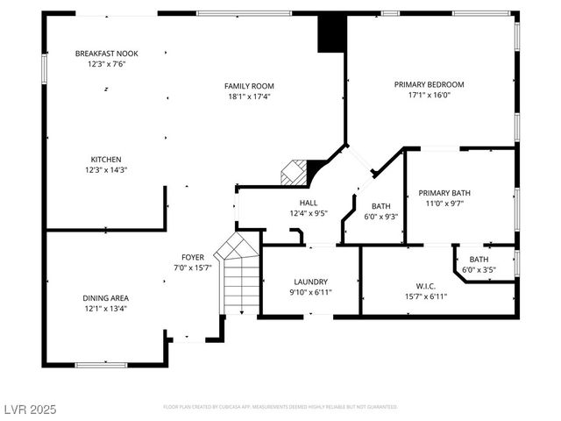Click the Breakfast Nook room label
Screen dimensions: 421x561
(106, 54)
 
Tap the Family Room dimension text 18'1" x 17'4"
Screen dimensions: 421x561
(249, 96)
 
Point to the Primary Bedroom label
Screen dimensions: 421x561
(429, 84)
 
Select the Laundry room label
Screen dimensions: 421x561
(310, 282)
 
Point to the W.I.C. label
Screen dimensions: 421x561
(425, 285)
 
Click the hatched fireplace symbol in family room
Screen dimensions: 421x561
(293, 172)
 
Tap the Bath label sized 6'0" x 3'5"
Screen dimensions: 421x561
(479, 260)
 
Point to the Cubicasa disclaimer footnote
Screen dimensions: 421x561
(280, 407)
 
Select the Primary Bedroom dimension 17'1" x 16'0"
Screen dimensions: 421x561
(429, 96)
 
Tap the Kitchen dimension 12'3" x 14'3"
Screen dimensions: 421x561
(106, 169)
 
